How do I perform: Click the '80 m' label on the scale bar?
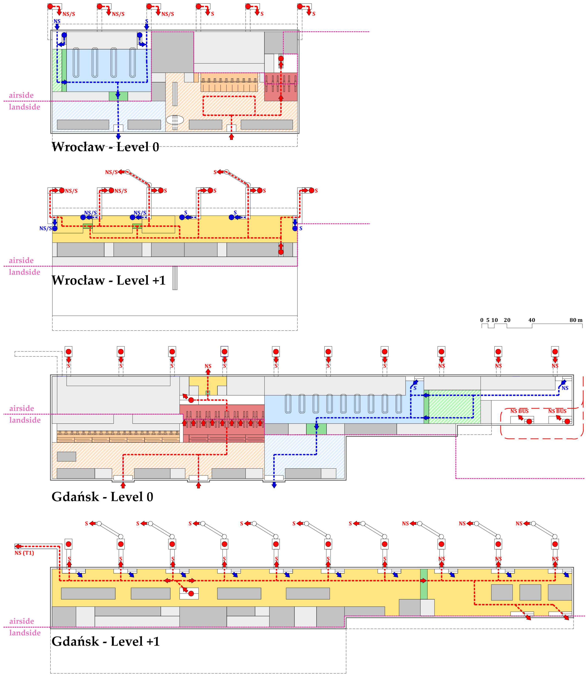tap(576, 320)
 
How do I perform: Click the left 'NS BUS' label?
tap(519, 411)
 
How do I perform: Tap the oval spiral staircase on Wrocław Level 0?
tap(175, 120)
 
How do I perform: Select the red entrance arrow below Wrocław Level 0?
tap(231, 137)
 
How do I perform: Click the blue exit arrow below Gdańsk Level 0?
tap(274, 485)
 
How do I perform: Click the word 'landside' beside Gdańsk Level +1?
tap(25, 633)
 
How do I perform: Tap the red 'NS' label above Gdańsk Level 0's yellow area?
tap(208, 366)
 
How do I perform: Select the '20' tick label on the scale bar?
tap(507, 320)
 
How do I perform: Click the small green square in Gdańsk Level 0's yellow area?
tap(208, 393)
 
